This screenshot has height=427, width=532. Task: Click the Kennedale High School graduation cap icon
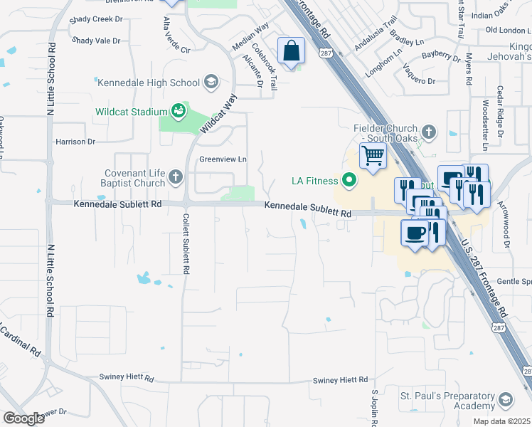pos(211,83)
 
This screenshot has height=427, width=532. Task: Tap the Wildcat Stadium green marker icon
pos(178,111)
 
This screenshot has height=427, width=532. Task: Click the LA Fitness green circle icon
pos(349,181)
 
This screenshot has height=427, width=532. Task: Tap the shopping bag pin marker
pos(291,52)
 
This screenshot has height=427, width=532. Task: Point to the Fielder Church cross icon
pos(428,132)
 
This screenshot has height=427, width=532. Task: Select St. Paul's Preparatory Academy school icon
pos(506,399)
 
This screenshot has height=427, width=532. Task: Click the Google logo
pos(23,418)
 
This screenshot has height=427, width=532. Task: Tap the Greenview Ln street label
pos(223,159)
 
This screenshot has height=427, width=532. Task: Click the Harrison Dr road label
pos(75,142)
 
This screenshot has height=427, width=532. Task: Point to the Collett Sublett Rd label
pos(186,244)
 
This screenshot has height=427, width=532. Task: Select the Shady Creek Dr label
pos(97,19)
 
